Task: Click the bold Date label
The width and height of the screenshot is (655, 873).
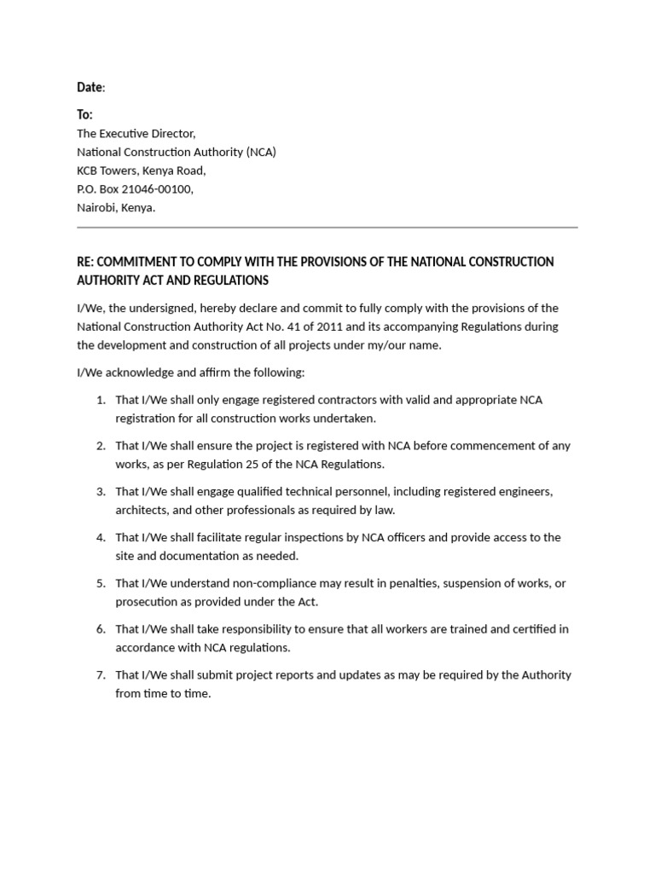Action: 90,87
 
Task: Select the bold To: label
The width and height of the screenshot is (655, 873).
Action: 84,114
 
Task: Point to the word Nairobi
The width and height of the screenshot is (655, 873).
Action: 96,207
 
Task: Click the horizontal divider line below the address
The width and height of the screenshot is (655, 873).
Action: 327,228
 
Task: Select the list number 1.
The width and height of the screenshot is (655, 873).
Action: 100,400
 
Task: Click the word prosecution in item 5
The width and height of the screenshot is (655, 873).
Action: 146,602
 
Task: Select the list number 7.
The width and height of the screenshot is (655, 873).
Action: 100,675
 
